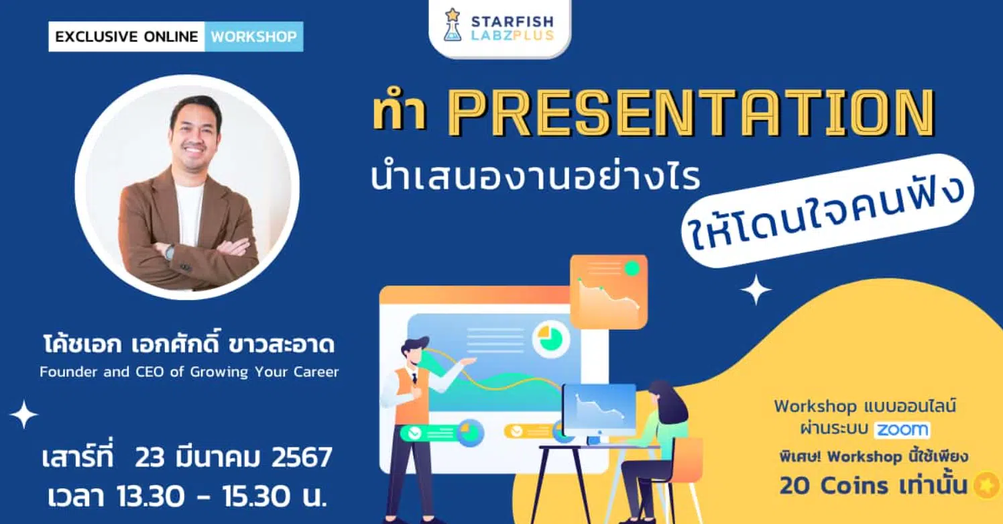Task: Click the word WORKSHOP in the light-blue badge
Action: (x=254, y=36)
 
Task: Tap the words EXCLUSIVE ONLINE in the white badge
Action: (x=127, y=36)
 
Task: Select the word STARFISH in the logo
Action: (x=512, y=21)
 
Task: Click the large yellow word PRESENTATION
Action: (x=691, y=113)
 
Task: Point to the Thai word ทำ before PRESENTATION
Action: (x=400, y=113)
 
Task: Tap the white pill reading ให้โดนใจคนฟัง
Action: (x=827, y=211)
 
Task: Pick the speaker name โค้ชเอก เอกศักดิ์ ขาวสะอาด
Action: (x=189, y=344)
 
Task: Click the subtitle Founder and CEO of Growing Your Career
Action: (x=189, y=372)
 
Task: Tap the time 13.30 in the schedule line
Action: (x=150, y=496)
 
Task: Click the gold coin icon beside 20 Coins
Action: (x=986, y=484)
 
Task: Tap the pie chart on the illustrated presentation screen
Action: (x=550, y=338)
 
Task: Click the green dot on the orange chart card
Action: (x=632, y=268)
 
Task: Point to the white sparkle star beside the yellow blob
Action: (x=756, y=290)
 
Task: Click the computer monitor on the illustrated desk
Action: (x=600, y=409)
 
